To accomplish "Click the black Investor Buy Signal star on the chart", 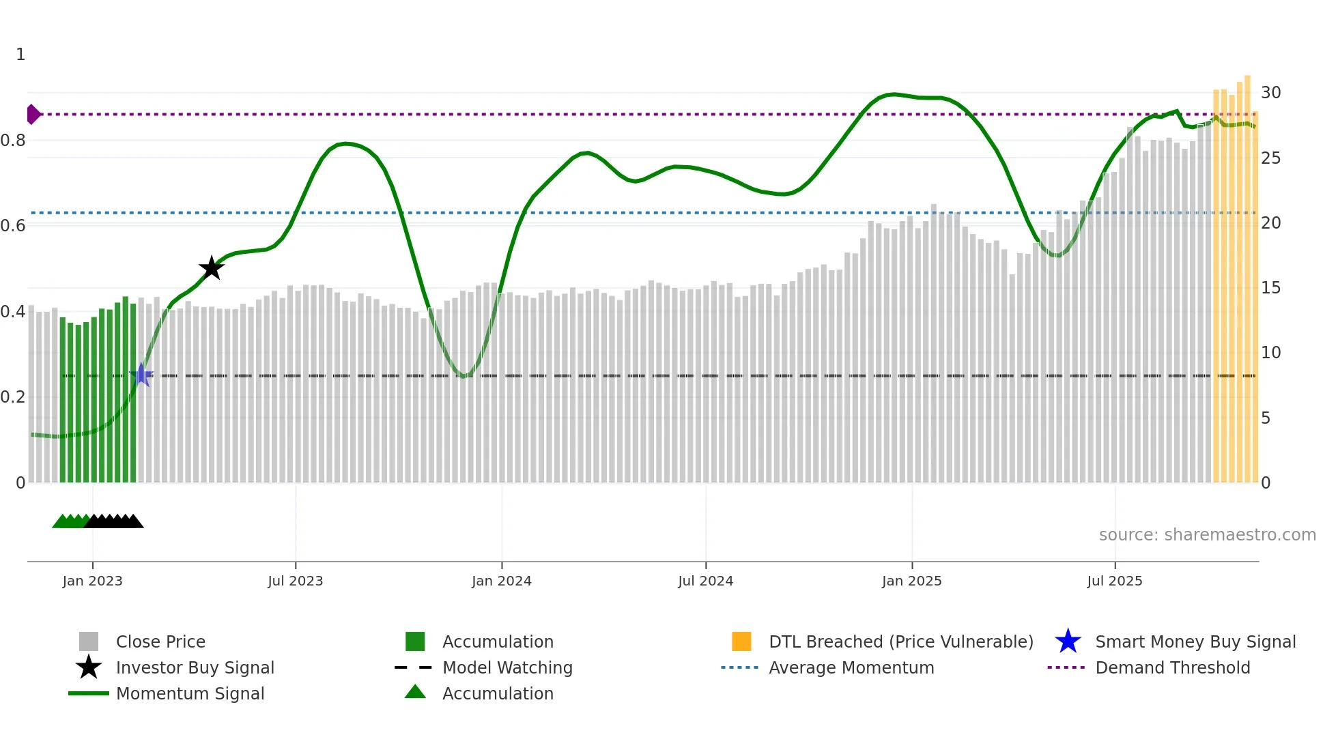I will [x=212, y=268].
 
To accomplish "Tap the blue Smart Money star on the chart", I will [x=141, y=375].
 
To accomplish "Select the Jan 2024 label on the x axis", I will [x=501, y=581].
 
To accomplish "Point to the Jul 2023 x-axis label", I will [x=295, y=581].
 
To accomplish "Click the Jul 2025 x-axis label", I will [x=1114, y=581].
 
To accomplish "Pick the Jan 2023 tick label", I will [x=92, y=581].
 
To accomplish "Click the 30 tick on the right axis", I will [x=1270, y=93].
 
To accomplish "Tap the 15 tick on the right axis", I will [x=1270, y=288].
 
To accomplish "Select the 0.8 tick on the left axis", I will [x=13, y=141].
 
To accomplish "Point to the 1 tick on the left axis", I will [x=20, y=55].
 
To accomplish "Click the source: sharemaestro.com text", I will [x=1207, y=535].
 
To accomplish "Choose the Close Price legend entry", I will [x=160, y=641].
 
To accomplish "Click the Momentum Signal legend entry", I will [x=190, y=693].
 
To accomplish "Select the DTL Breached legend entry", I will [x=900, y=641].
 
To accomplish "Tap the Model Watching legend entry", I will [x=507, y=667].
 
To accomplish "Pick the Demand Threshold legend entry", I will [x=1172, y=667].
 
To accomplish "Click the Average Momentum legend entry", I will [x=851, y=667].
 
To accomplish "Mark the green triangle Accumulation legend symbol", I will [x=415, y=692].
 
